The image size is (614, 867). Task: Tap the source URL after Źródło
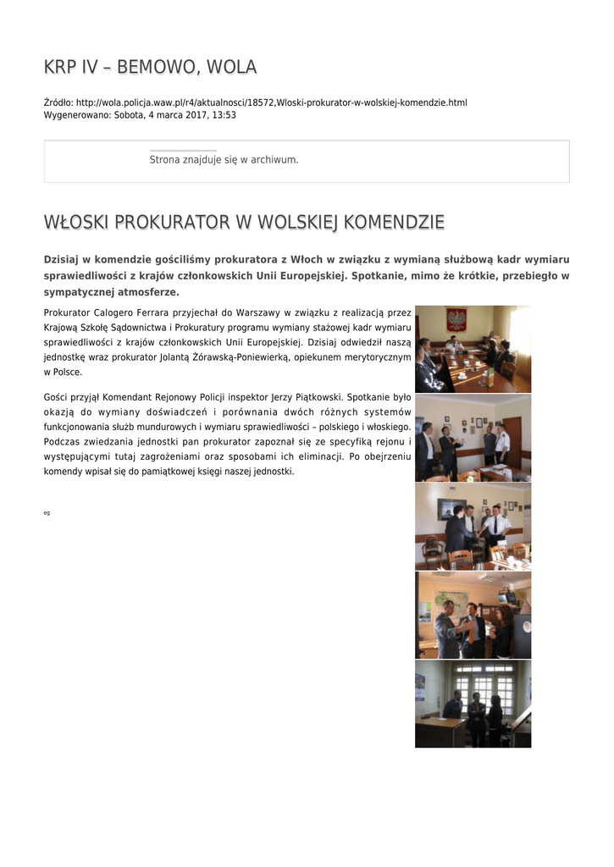coord(271,102)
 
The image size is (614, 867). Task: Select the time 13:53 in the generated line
coord(224,114)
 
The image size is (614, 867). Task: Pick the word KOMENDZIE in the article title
coord(394,223)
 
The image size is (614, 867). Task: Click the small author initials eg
coord(47,513)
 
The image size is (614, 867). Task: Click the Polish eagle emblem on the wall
coord(456,320)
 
